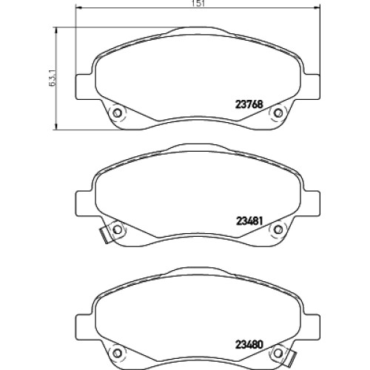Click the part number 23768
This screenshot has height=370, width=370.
(x=249, y=104)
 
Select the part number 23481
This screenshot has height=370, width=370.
(x=249, y=221)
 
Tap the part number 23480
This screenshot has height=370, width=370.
(x=249, y=344)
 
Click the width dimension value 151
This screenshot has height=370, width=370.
(x=201, y=4)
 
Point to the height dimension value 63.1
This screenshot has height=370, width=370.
(x=53, y=78)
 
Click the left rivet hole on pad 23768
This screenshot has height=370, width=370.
(x=117, y=113)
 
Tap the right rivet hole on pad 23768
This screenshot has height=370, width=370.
(x=278, y=113)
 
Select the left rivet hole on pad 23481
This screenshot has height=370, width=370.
(x=117, y=229)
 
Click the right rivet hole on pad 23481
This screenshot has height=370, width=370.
(x=278, y=229)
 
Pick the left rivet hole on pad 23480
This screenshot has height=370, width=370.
(x=117, y=353)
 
